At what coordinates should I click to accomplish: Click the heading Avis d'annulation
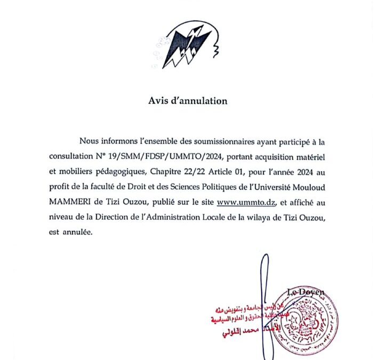click(188, 100)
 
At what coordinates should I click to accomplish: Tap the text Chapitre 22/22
click(178, 172)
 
